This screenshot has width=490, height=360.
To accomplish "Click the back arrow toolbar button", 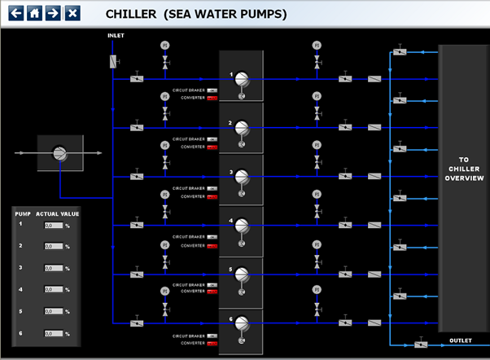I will point(15,13).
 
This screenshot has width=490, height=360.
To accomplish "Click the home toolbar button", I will point(34,13).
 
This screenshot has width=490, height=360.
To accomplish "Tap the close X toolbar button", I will point(72,13).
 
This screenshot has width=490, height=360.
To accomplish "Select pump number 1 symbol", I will point(241,81).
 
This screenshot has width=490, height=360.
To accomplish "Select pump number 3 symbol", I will point(241,178).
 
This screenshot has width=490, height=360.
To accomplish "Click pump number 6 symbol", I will point(241,324).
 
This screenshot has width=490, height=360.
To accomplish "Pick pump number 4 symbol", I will point(241,227).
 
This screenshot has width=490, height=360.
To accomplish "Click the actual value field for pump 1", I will point(54,225).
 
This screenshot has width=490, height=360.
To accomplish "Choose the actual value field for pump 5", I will point(54,312).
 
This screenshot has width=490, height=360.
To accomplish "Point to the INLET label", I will point(116,36).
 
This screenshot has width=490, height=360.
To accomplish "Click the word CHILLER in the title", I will point(132,13).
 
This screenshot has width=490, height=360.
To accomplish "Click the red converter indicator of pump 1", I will point(212,98).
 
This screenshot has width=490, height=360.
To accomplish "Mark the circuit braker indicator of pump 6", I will point(212,335).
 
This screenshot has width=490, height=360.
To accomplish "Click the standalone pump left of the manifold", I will point(59,152).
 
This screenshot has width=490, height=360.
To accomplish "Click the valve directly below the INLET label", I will point(113,61).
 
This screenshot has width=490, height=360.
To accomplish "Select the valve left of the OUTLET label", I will point(421,345).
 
